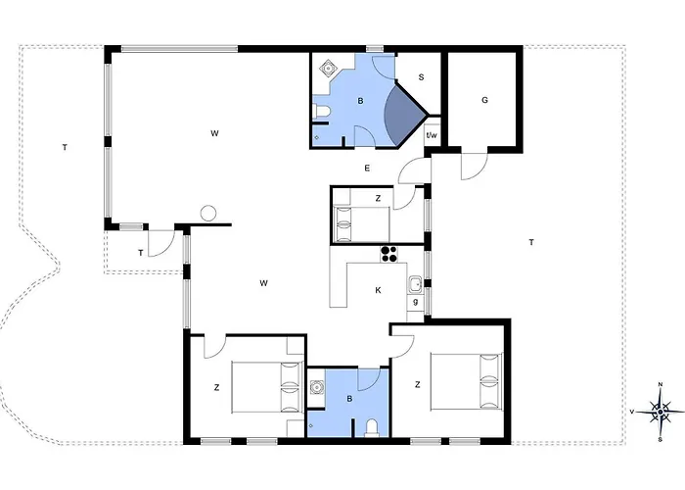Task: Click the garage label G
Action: click(484, 100)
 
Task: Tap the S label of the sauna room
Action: click(421, 77)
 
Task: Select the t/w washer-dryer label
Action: click(432, 135)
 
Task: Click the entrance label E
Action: click(367, 168)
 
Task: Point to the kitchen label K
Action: click(378, 290)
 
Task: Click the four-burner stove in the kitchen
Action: click(388, 254)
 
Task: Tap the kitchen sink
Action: click(415, 285)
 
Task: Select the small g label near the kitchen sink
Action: click(416, 302)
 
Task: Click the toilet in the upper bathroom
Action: click(321, 112)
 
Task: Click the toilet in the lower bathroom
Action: click(372, 428)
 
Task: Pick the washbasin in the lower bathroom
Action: click(315, 388)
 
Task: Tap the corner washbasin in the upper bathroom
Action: click(328, 68)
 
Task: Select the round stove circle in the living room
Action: click(208, 214)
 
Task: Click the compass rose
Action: click(661, 412)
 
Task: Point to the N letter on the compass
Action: click(661, 384)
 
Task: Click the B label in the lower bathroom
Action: click(349, 399)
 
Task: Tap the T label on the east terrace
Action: click(531, 242)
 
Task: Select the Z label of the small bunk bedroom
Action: click(378, 199)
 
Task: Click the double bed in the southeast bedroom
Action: click(466, 381)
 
